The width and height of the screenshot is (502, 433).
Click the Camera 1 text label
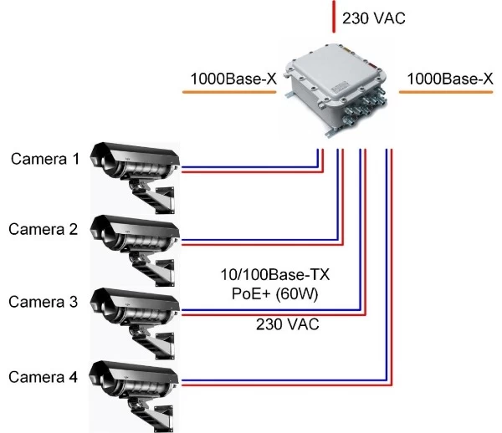click(x=44, y=159)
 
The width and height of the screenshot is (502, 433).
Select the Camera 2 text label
click(x=44, y=229)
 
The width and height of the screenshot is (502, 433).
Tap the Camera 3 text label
click(x=44, y=303)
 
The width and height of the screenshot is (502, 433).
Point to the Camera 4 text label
click(x=44, y=377)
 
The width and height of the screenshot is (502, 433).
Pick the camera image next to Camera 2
click(x=134, y=238)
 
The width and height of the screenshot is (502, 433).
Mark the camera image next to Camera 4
click(x=134, y=385)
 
